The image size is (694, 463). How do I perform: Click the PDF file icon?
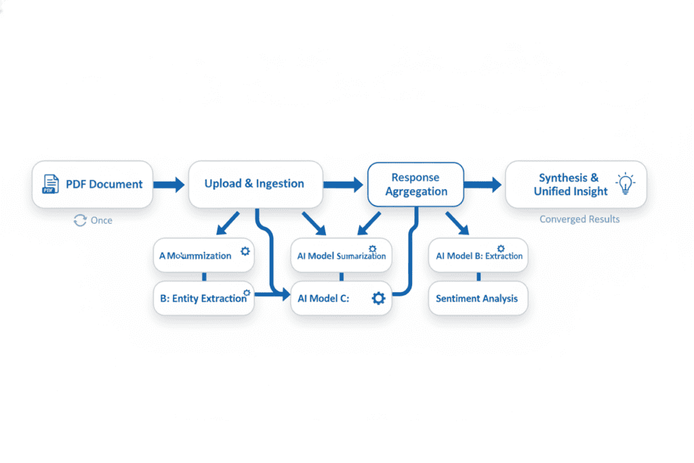pyautogui.click(x=50, y=184)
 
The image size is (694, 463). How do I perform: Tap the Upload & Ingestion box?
pyautogui.click(x=255, y=184)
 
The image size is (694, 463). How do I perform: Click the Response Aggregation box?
pyautogui.click(x=415, y=184)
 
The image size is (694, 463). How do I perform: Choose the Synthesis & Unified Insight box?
pyautogui.click(x=575, y=184)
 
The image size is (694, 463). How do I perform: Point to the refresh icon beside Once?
pyautogui.click(x=80, y=220)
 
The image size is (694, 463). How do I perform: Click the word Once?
pyautogui.click(x=102, y=220)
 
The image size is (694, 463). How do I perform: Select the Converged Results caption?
pyautogui.click(x=579, y=219)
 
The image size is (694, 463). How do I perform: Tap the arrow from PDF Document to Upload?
pyautogui.click(x=168, y=184)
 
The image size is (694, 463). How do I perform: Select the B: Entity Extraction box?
pyautogui.click(x=203, y=298)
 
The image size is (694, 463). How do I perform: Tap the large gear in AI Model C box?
pyautogui.click(x=378, y=298)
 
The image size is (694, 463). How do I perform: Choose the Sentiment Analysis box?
pyautogui.click(x=477, y=298)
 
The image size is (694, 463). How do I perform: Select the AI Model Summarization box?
pyautogui.click(x=341, y=256)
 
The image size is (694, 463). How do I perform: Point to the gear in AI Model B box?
pyautogui.click(x=501, y=249)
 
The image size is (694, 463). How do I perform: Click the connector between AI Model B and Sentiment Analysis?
pyautogui.click(x=478, y=277)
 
